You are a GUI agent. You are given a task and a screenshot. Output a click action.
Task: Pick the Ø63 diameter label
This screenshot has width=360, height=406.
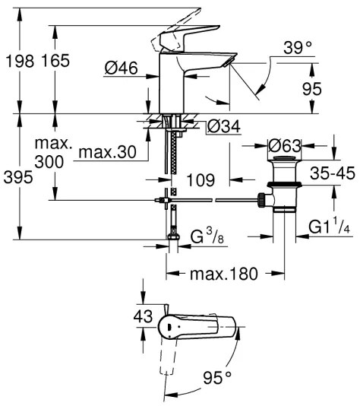click(x=286, y=144)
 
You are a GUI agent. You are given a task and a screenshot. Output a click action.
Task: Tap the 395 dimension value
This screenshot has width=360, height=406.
click(x=17, y=177)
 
